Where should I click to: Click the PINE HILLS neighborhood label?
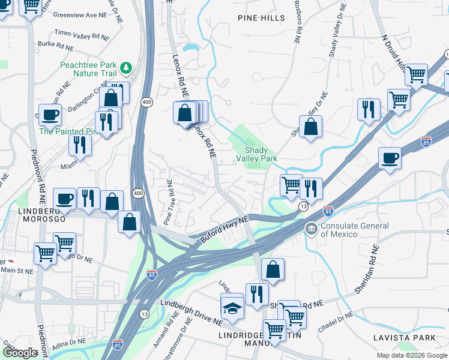click(261, 18)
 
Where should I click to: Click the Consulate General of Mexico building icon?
click(311, 229)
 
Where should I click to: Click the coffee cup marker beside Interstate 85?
click(390, 158)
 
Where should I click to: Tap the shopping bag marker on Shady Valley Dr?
click(310, 127)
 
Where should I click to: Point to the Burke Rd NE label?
click(55, 45)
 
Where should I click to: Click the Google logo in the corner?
click(20, 353)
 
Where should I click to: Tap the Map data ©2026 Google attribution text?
click(411, 355)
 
